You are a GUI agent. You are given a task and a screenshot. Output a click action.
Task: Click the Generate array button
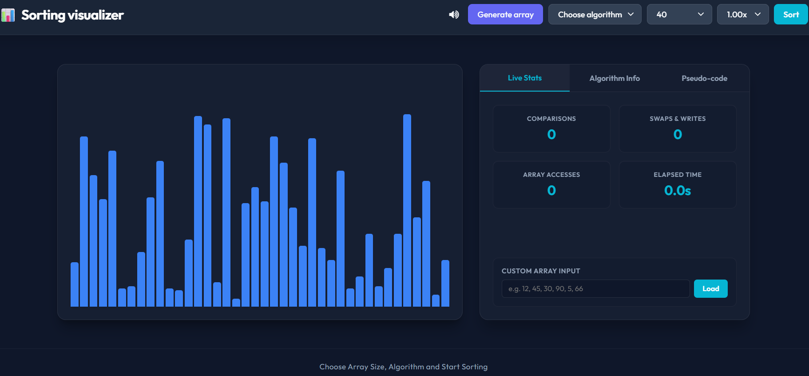click(x=505, y=14)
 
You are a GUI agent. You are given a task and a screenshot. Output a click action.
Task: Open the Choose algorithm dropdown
click(x=595, y=14)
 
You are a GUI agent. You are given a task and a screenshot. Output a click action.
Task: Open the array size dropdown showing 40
click(x=679, y=14)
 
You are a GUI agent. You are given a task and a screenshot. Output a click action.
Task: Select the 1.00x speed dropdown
click(x=743, y=14)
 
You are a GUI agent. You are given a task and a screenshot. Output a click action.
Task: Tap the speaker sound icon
click(x=454, y=15)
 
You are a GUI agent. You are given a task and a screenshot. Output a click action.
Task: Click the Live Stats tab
click(x=525, y=78)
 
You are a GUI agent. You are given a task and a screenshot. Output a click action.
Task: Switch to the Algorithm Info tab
click(x=615, y=78)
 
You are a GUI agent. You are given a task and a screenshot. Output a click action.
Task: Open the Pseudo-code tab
click(x=704, y=78)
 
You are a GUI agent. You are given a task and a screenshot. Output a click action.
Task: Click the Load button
click(x=710, y=288)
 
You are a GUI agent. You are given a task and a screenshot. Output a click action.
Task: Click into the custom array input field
click(x=595, y=288)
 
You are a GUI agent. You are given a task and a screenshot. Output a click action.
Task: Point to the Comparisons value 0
click(x=551, y=134)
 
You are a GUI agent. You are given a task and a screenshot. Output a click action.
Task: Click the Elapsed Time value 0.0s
click(x=678, y=191)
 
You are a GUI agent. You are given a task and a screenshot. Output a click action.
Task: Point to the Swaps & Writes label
click(x=678, y=119)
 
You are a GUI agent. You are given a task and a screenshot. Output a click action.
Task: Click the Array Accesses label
click(x=551, y=175)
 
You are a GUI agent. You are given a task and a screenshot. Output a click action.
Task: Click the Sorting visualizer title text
click(x=72, y=15)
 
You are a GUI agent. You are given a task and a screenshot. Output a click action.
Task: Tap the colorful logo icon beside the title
click(x=8, y=15)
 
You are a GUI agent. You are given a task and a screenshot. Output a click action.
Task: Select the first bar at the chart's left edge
click(x=75, y=284)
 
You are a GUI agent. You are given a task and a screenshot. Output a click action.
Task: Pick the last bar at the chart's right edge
click(x=445, y=283)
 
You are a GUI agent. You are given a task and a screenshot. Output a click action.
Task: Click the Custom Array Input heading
click(x=541, y=271)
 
